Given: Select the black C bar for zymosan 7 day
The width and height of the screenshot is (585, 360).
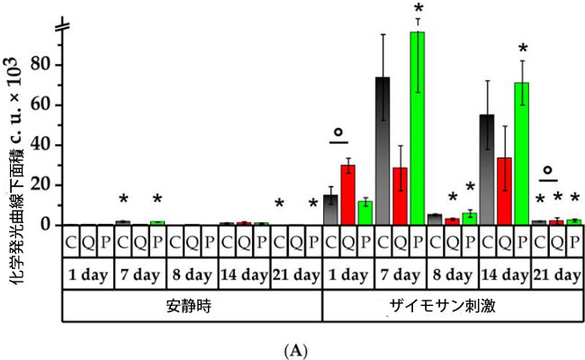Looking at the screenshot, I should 382,153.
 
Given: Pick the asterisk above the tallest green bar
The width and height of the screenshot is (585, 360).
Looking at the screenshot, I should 418,10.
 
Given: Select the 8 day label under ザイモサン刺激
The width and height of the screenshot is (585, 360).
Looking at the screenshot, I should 452,274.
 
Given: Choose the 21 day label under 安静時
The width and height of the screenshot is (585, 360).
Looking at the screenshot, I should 295,274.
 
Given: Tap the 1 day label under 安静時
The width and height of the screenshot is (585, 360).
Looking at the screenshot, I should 88,274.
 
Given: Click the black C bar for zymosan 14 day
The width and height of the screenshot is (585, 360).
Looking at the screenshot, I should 487,171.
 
